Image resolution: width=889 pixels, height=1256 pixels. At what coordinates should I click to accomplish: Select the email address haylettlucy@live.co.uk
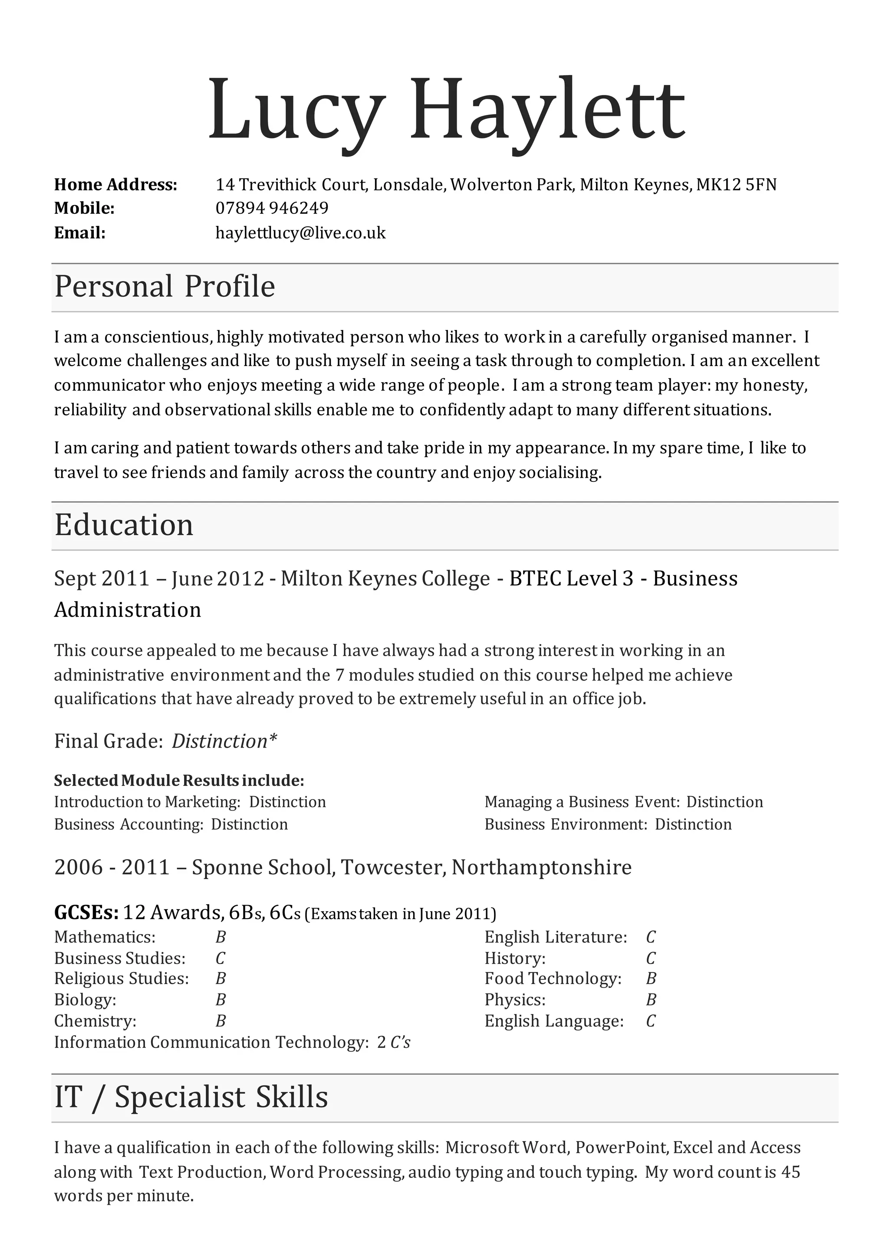(300, 233)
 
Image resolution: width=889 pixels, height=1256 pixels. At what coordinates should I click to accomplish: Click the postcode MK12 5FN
(736, 185)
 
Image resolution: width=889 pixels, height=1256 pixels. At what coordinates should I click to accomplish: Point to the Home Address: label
(115, 185)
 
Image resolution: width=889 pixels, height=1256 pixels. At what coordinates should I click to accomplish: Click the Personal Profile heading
(164, 287)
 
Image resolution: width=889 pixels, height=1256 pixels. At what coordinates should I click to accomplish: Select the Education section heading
(124, 525)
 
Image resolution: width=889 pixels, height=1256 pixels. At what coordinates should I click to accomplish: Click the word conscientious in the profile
(157, 337)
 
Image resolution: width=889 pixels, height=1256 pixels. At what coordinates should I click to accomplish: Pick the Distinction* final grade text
(224, 741)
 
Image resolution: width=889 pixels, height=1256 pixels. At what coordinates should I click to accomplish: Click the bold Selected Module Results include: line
(179, 780)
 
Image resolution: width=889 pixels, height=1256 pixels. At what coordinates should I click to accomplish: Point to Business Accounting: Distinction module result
(171, 824)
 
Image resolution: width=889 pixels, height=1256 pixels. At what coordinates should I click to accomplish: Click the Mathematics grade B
(221, 937)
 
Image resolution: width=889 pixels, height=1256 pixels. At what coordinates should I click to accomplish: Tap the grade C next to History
(650, 958)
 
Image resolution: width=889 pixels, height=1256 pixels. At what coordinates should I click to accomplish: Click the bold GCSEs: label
(86, 913)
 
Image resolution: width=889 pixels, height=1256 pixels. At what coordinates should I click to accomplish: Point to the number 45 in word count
(790, 1172)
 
